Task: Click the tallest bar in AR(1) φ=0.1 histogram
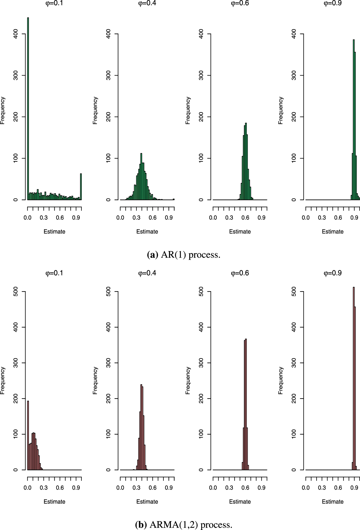(x=28, y=109)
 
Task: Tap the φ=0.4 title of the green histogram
(x=147, y=4)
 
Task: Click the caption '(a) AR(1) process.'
(x=184, y=255)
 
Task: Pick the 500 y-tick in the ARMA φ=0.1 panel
(x=16, y=292)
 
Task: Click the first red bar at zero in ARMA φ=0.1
(x=28, y=435)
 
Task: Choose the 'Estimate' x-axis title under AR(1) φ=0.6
(x=240, y=232)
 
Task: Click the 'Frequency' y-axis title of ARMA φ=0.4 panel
(x=95, y=381)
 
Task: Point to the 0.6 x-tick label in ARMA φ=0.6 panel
(x=245, y=488)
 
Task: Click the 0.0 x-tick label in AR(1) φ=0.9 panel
(x=306, y=217)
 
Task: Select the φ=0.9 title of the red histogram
(x=333, y=273)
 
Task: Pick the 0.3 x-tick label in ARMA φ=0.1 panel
(x=44, y=488)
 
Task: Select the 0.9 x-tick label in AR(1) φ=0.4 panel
(x=169, y=217)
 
